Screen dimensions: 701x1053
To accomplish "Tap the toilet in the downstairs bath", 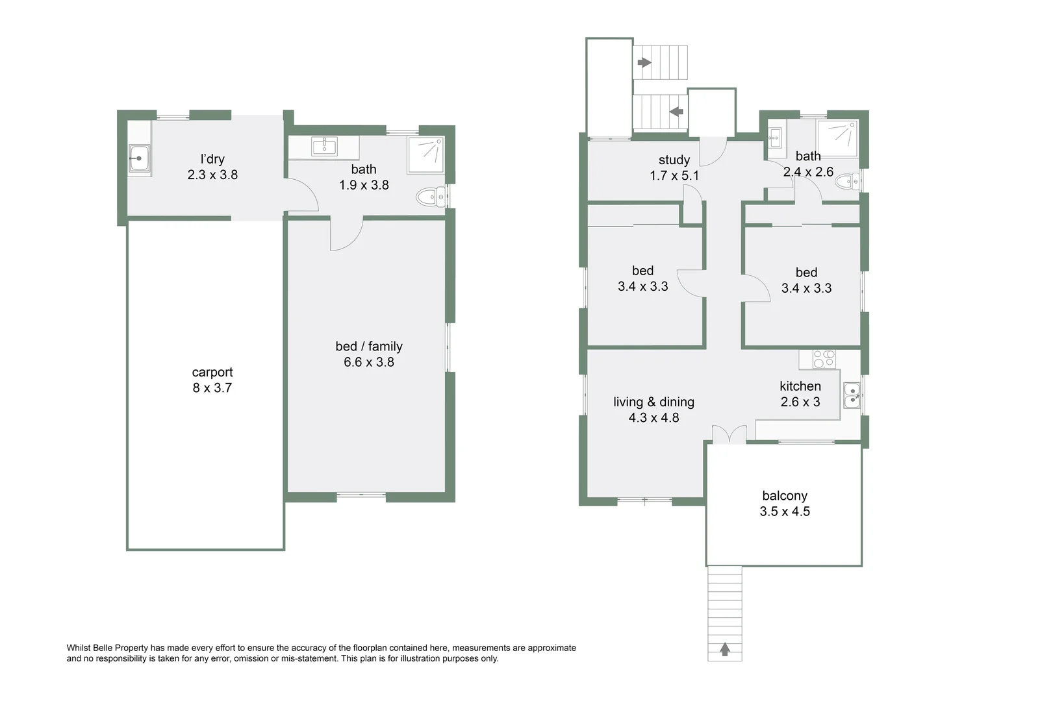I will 429,197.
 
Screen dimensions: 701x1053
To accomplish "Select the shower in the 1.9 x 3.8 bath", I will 425,154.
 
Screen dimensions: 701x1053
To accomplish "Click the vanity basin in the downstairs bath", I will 324,146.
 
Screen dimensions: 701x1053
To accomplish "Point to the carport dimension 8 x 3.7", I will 212,388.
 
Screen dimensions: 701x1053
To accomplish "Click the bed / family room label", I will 369,347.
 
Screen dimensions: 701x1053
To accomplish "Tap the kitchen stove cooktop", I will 824,359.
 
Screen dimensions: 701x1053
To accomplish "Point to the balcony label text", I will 785,496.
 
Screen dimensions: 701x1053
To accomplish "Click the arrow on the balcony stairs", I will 725,648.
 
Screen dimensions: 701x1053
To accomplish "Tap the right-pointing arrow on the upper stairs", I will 644,62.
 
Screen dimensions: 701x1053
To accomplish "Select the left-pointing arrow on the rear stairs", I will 676,112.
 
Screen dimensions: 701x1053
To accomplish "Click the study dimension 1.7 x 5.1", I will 674,176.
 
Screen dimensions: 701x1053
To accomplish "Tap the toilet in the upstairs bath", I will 846,182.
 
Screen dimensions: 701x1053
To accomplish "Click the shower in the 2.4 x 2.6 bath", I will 837,138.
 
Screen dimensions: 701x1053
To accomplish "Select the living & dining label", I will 653,402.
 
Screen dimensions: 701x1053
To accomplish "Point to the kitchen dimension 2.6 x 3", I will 800,402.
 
